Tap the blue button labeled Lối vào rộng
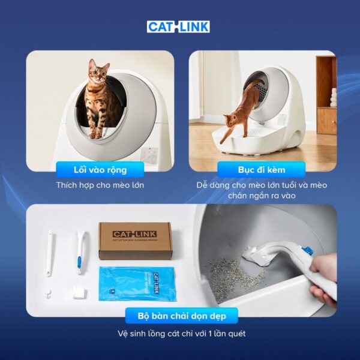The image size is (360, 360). click(100, 169)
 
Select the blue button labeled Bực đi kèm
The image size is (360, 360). click(260, 169)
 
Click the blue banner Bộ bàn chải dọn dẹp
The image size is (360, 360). click(180, 316)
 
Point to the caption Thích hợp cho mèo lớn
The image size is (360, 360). click(100, 185)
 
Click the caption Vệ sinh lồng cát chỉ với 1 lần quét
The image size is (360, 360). click(180, 334)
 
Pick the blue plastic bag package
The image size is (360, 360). click(128, 284)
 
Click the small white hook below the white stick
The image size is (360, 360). click(50, 291)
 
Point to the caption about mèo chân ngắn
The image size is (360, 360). click(260, 191)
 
